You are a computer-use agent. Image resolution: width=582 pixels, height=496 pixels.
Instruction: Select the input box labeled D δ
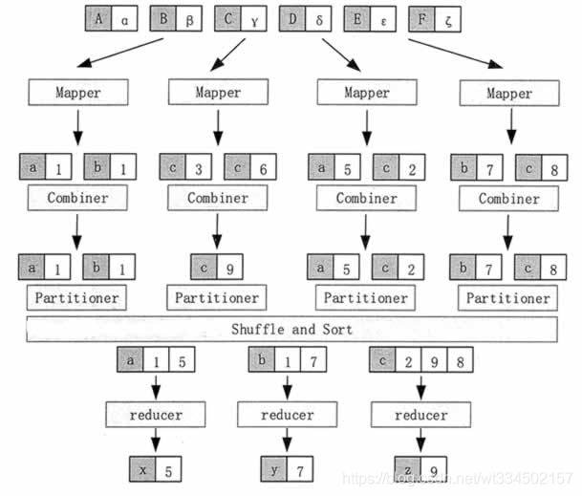click(307, 18)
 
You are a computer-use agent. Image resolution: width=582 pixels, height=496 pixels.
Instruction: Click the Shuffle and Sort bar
click(291, 330)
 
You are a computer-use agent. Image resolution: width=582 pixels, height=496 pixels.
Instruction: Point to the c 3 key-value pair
click(187, 168)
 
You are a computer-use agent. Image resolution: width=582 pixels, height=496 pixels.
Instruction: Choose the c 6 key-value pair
click(251, 168)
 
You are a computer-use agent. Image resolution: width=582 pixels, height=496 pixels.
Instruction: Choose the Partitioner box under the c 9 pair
click(217, 297)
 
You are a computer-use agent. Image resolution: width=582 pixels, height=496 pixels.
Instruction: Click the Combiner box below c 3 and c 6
click(217, 199)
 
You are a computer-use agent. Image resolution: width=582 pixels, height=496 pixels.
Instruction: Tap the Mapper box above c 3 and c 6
click(217, 93)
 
